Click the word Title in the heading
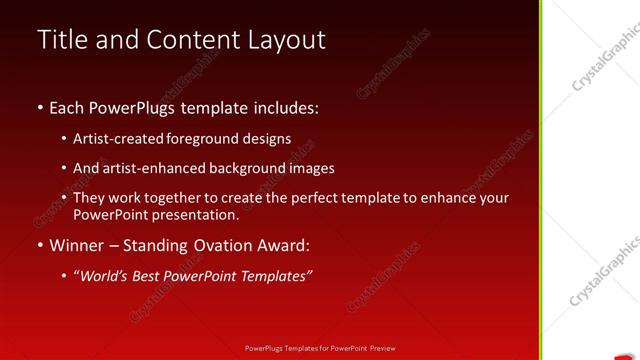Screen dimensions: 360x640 [x=60, y=39]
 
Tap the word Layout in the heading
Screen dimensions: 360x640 [x=288, y=40]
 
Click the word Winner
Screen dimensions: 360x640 [x=79, y=245]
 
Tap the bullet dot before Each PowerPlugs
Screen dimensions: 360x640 [x=40, y=107]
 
